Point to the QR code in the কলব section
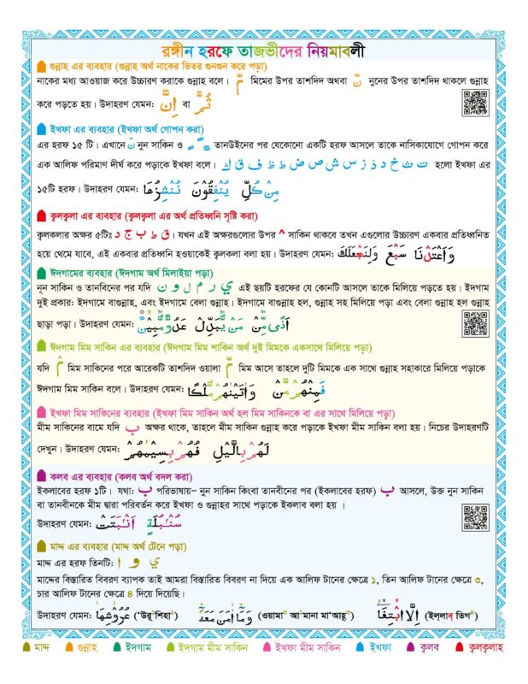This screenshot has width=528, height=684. (x=474, y=516)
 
